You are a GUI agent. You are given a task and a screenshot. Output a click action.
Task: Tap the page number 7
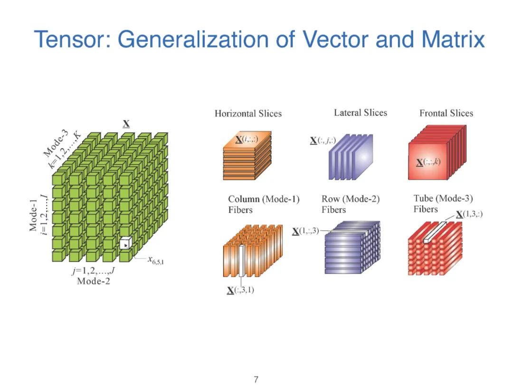(256, 379)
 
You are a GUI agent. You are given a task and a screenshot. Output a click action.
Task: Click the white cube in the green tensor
(124, 243)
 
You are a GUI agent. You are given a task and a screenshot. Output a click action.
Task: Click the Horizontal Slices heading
(248, 114)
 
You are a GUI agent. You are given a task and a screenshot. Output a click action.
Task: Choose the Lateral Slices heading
(361, 113)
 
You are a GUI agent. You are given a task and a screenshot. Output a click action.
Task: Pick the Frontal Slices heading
(446, 113)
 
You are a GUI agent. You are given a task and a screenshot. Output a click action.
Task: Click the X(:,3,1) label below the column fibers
(240, 290)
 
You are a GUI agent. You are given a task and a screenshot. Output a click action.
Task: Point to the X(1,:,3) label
(306, 231)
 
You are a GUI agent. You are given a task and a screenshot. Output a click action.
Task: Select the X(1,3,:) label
(469, 214)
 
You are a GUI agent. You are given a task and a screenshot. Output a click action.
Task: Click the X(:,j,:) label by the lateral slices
(323, 140)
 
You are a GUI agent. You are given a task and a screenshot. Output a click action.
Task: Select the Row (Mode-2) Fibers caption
(351, 204)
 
